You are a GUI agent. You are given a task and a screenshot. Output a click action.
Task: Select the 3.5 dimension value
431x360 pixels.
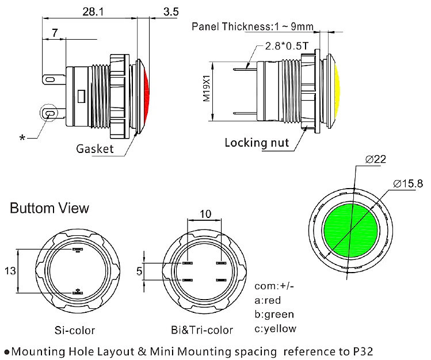coord(171,11)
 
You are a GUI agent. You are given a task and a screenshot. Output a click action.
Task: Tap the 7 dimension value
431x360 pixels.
coord(55,34)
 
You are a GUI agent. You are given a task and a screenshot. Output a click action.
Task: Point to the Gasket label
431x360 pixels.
coord(95,149)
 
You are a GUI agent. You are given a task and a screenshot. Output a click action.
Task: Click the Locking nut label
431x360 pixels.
coord(257,143)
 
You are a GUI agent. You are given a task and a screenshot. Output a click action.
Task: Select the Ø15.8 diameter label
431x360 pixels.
coord(408,183)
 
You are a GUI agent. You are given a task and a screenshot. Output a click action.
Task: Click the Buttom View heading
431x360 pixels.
coord(49,208)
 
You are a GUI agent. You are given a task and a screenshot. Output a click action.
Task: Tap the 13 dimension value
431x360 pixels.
coord(10,271)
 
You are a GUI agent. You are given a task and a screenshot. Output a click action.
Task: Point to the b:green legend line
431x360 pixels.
coord(274,314)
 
